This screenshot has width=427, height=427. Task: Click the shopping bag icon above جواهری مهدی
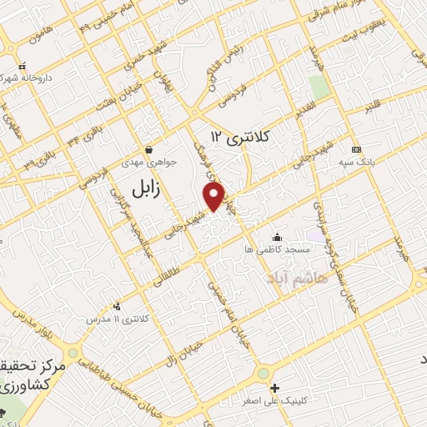pos(148,150)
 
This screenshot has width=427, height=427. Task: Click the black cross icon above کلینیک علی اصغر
pos(275,388)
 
